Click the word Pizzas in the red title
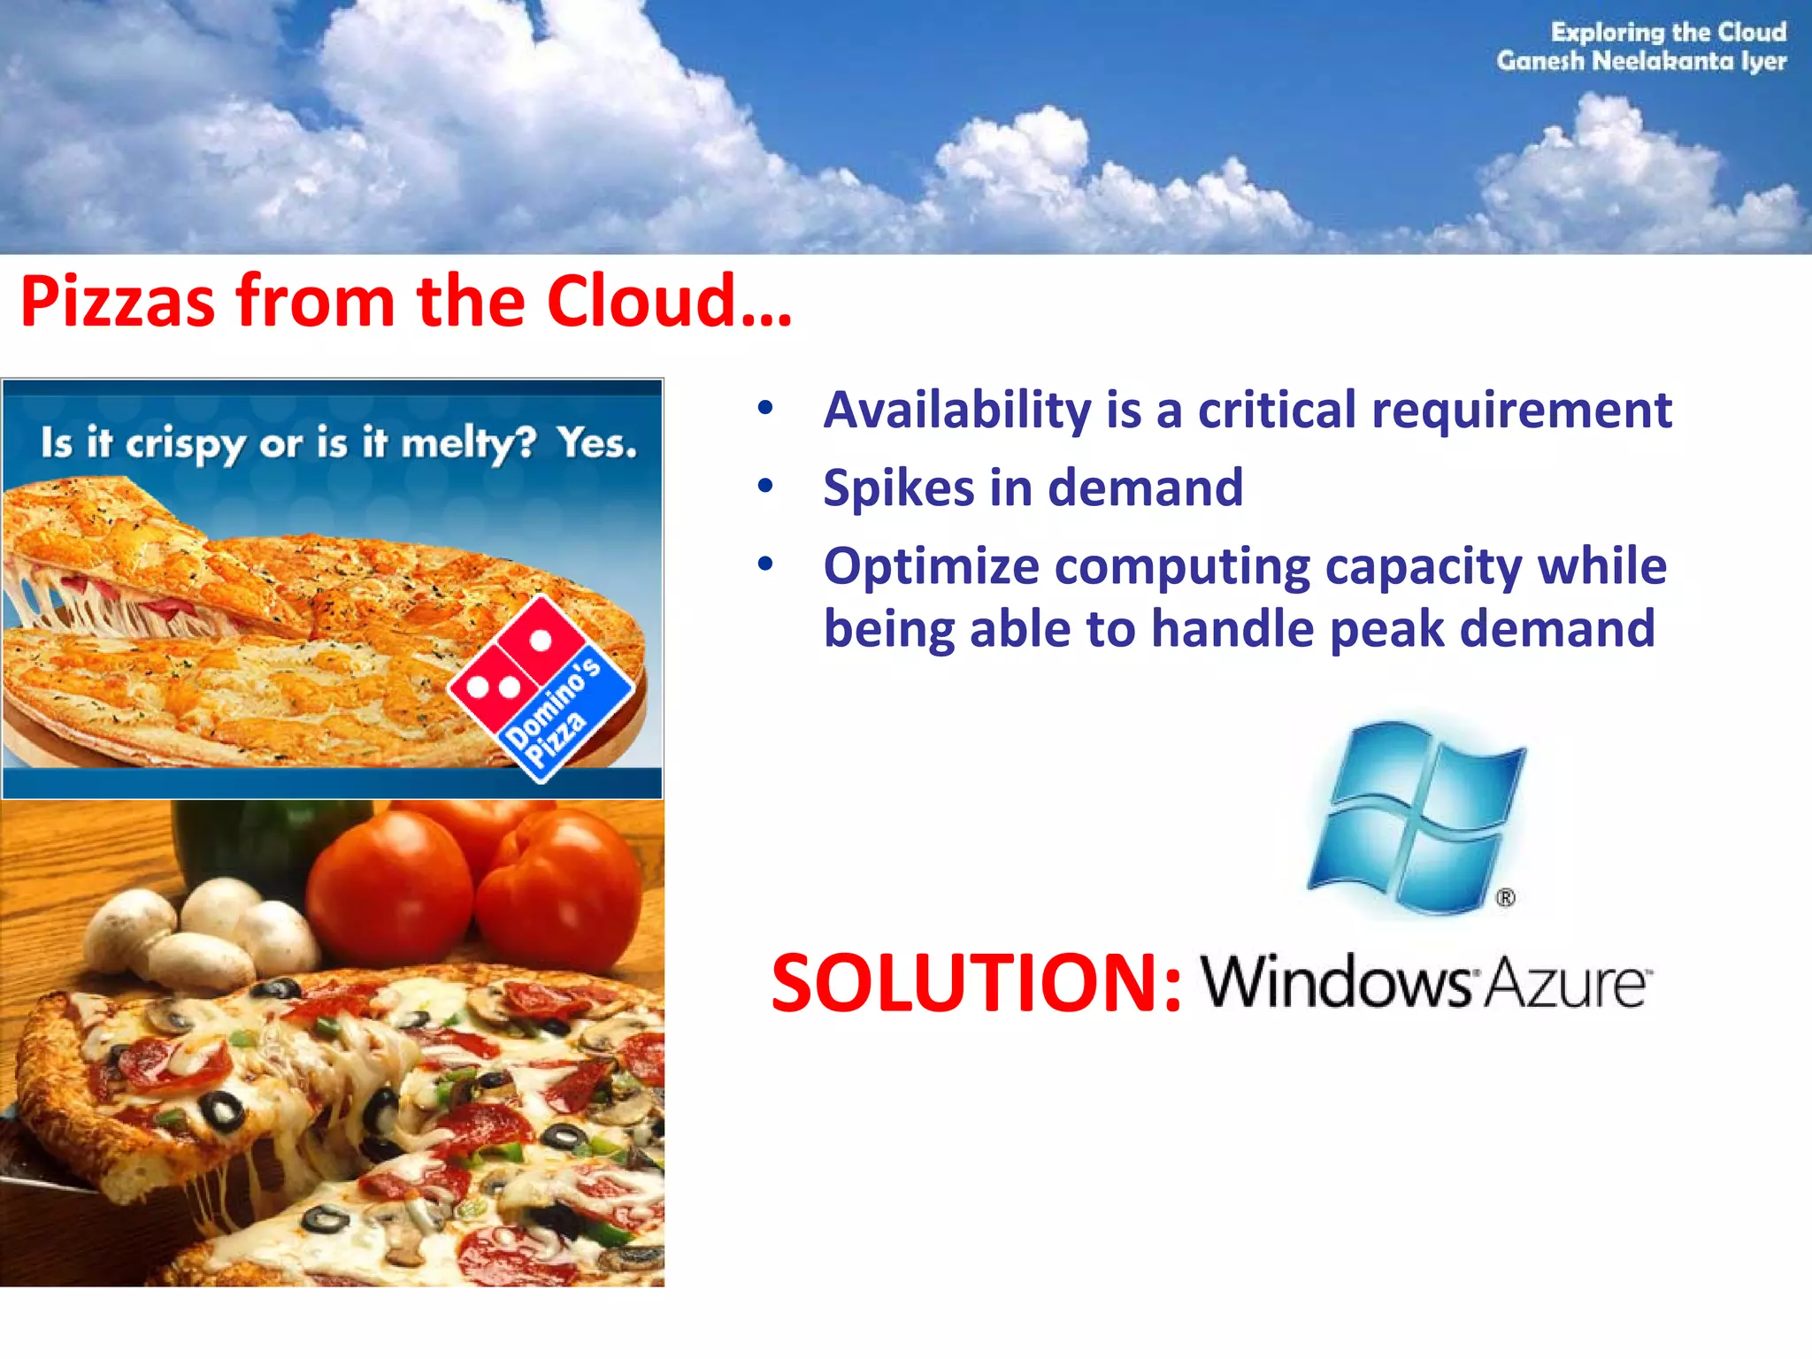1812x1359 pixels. click(117, 302)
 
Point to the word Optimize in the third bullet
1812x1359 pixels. click(931, 567)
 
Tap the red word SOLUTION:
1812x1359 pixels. click(976, 983)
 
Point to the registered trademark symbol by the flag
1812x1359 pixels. click(1506, 898)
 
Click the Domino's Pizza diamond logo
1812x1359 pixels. click(541, 688)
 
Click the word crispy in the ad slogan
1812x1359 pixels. click(184, 445)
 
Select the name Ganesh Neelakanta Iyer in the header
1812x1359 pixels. click(1641, 61)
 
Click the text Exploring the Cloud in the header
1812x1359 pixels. click(1668, 32)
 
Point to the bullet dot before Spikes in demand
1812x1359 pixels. click(765, 486)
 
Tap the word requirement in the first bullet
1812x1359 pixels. click(1521, 411)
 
